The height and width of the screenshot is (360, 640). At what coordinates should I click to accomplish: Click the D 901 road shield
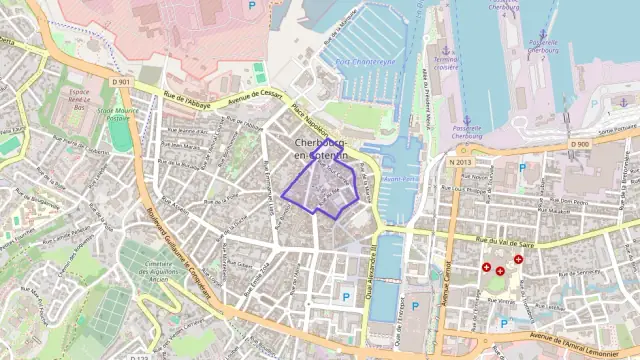point(121,82)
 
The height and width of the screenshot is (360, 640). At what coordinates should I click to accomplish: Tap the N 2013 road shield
point(459,161)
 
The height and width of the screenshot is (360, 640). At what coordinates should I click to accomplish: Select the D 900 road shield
point(580,145)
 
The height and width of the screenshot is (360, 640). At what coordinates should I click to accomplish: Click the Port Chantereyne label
point(366,61)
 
